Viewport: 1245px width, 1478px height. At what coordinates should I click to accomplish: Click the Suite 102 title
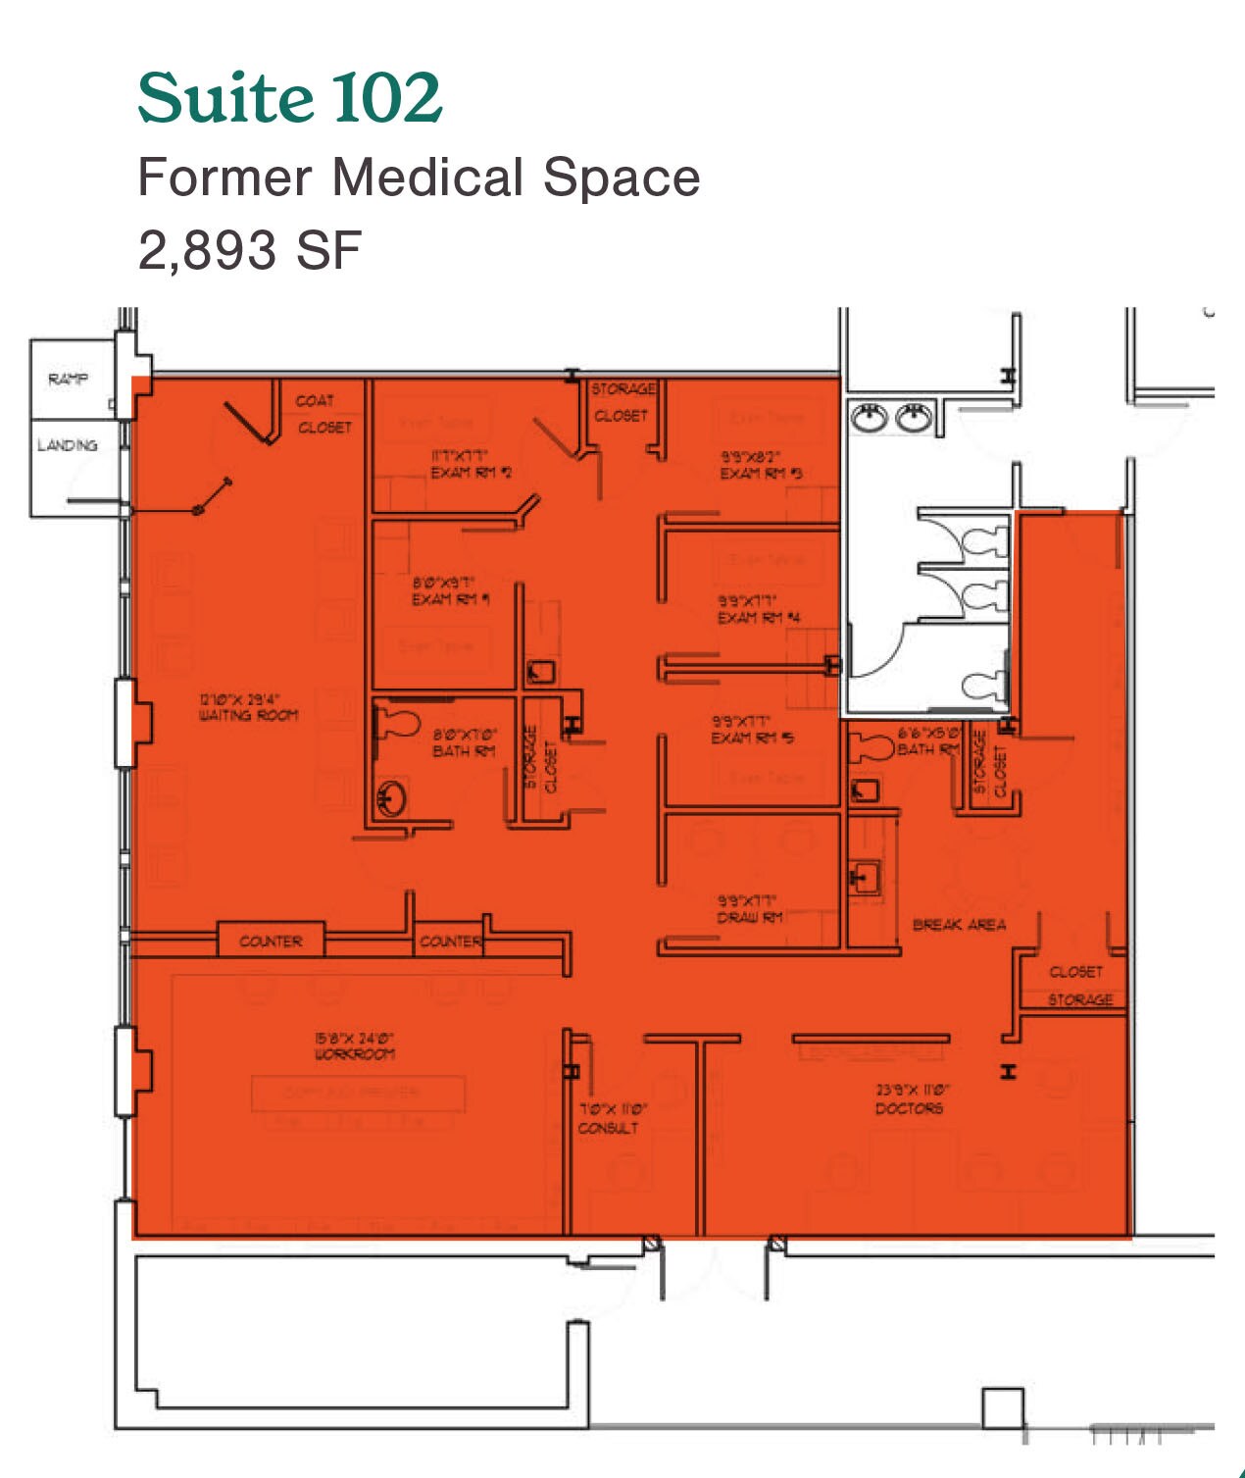tap(289, 98)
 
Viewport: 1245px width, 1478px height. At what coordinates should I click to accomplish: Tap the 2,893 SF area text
tap(250, 250)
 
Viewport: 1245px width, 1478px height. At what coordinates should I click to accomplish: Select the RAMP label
tap(68, 379)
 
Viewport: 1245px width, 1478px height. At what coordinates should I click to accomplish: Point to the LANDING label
tap(68, 445)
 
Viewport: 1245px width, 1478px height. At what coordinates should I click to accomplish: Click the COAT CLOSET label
tap(324, 414)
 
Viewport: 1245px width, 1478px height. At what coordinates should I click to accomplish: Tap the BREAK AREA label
tap(959, 924)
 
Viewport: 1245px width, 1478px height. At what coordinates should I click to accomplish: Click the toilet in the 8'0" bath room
tap(397, 723)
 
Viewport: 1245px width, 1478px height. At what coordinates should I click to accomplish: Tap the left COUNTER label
tap(271, 942)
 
